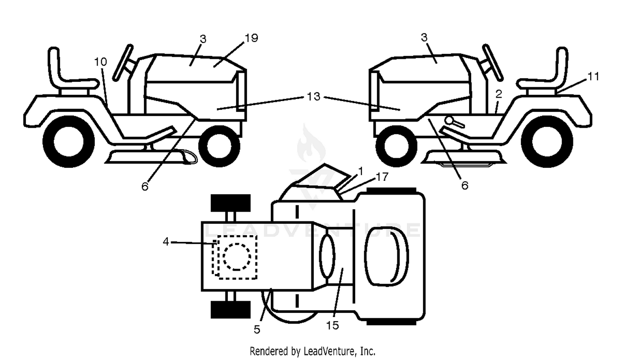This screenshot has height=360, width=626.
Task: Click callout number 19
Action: (251, 38)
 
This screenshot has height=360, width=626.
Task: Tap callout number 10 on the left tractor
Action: (101, 62)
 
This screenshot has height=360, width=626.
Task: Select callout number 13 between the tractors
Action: (313, 96)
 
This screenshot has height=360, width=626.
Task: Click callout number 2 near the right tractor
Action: (499, 94)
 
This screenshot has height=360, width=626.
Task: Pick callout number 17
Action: (382, 177)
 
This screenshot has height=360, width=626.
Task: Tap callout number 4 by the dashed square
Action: (166, 242)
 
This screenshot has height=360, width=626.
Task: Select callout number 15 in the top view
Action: (333, 325)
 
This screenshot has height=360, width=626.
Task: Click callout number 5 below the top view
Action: (257, 330)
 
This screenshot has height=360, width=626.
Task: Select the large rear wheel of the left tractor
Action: (69, 142)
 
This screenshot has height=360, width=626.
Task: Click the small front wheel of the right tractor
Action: (396, 146)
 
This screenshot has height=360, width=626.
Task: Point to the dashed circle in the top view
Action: (237, 257)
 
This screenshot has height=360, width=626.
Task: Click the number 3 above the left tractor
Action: (203, 39)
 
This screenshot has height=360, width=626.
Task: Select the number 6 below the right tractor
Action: (464, 185)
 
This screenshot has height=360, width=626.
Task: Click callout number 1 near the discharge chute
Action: (361, 171)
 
